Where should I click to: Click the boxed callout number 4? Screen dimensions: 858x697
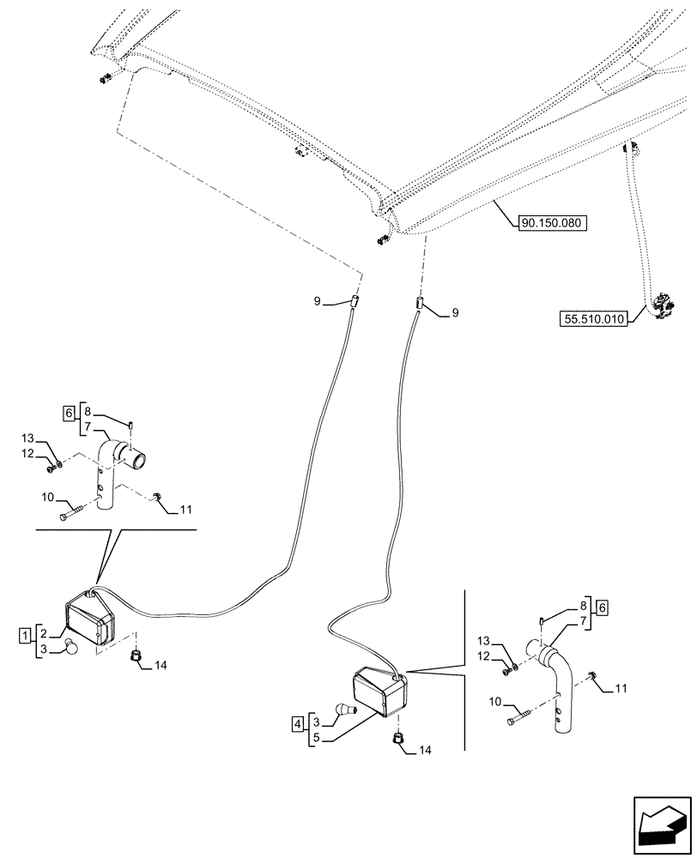pyautogui.click(x=297, y=724)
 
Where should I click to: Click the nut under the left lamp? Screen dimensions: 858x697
pyautogui.click(x=136, y=657)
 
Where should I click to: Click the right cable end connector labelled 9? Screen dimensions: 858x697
pyautogui.click(x=420, y=304)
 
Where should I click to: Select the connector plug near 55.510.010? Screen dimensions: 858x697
pyautogui.click(x=661, y=306)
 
